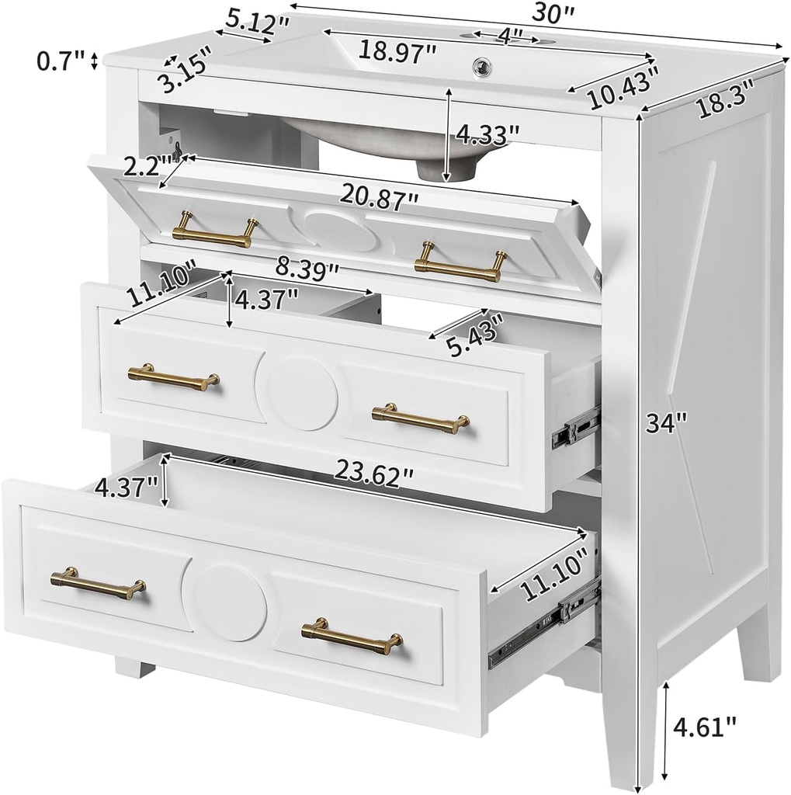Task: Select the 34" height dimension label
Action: tap(668, 423)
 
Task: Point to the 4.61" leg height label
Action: tap(704, 727)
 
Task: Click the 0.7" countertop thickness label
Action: tap(61, 60)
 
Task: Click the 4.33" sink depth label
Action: tap(487, 134)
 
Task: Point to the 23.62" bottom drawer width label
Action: tap(374, 469)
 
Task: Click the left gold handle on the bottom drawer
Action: tap(98, 582)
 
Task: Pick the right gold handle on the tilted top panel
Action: tap(460, 262)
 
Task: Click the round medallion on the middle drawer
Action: tap(297, 393)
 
